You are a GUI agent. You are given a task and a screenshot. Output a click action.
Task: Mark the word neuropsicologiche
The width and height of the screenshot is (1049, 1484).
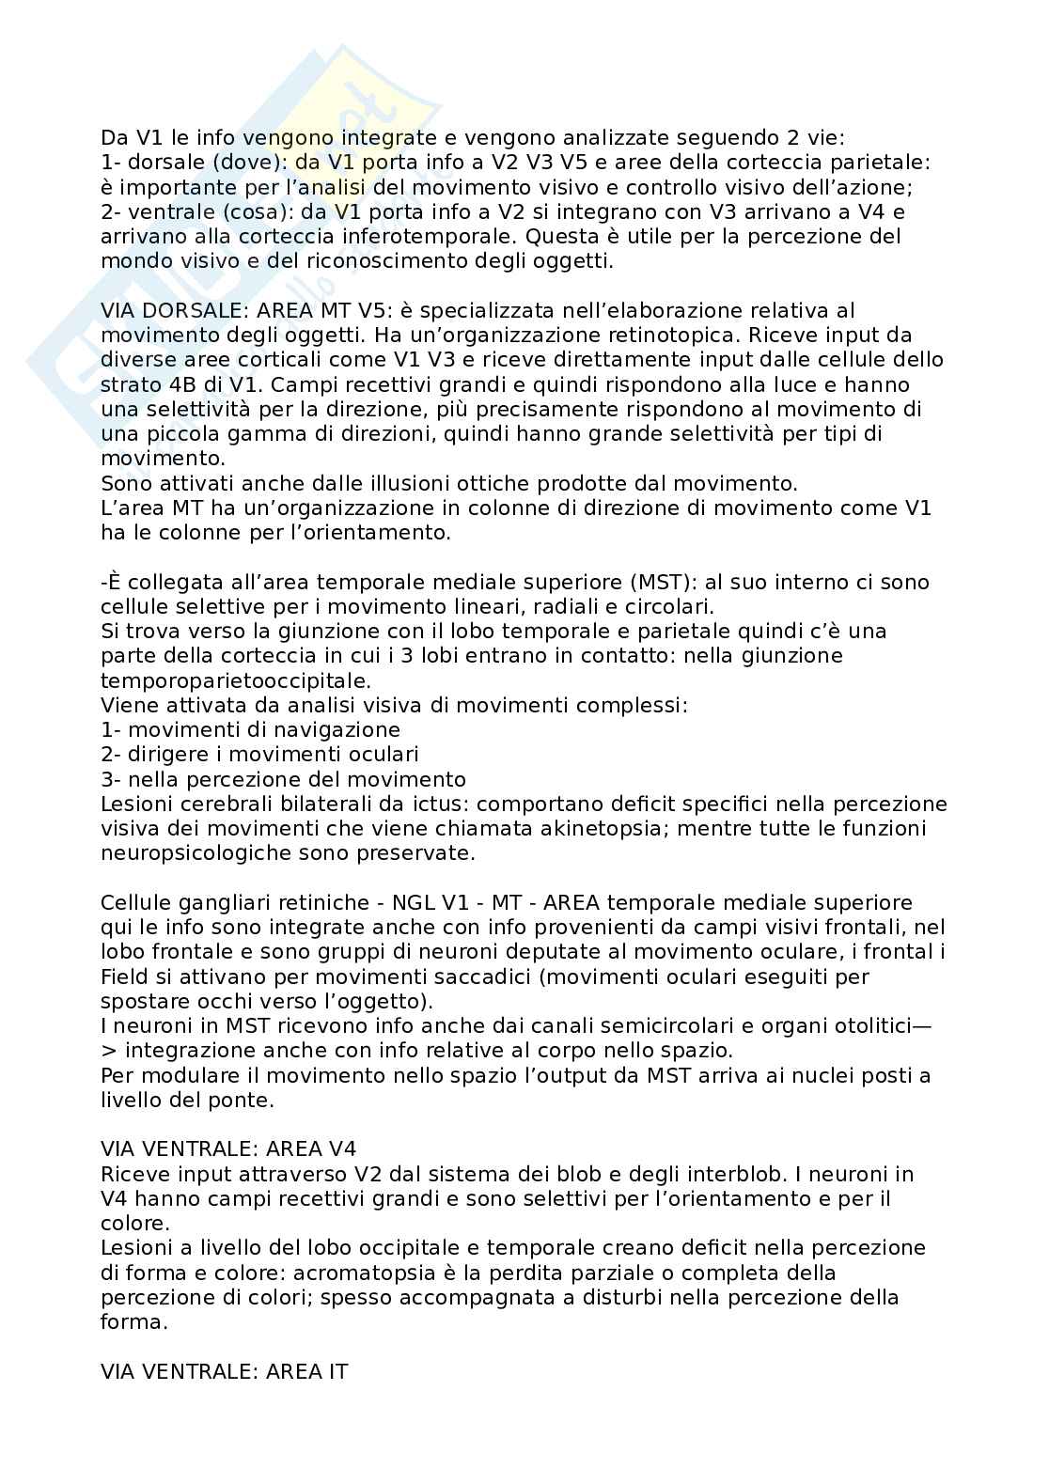pyautogui.click(x=193, y=852)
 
